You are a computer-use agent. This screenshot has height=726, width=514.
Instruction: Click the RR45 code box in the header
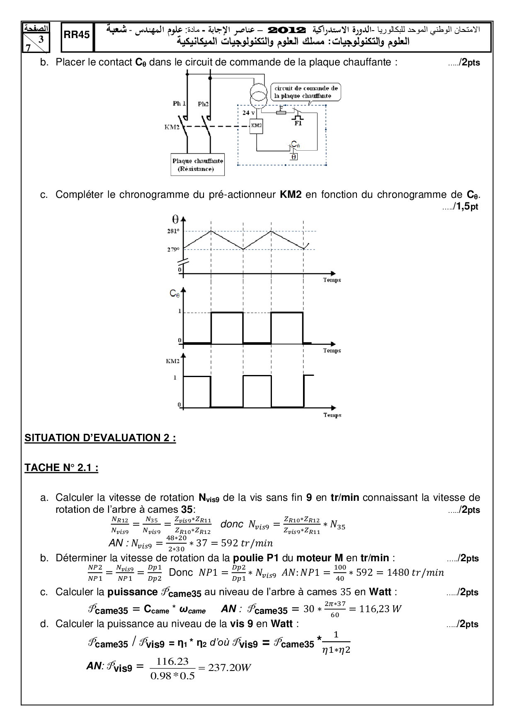pyautogui.click(x=77, y=35)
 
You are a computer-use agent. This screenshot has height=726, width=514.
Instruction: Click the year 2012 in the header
pyautogui.click(x=287, y=30)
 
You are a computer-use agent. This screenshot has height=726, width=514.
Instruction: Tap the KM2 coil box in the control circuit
pyautogui.click(x=257, y=125)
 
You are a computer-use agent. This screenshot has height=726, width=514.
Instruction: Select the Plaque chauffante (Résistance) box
pyautogui.click(x=198, y=165)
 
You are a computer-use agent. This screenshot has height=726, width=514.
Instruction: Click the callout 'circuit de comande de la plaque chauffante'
pyautogui.click(x=306, y=92)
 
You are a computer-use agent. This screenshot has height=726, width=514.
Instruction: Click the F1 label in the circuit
pyautogui.click(x=298, y=123)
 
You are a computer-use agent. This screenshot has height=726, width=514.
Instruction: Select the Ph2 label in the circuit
pyautogui.click(x=203, y=104)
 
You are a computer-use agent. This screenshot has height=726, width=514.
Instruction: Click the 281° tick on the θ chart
pyautogui.click(x=173, y=231)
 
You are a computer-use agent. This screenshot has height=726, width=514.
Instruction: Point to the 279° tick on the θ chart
pyautogui.click(x=173, y=250)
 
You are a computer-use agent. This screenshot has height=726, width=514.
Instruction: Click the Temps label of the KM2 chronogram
pyautogui.click(x=332, y=415)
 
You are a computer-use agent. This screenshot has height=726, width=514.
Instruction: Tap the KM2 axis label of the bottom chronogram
pyautogui.click(x=172, y=361)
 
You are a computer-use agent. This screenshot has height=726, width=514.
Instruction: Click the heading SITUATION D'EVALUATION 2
pyautogui.click(x=100, y=438)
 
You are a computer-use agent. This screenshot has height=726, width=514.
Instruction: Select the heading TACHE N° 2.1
pyautogui.click(x=61, y=468)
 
